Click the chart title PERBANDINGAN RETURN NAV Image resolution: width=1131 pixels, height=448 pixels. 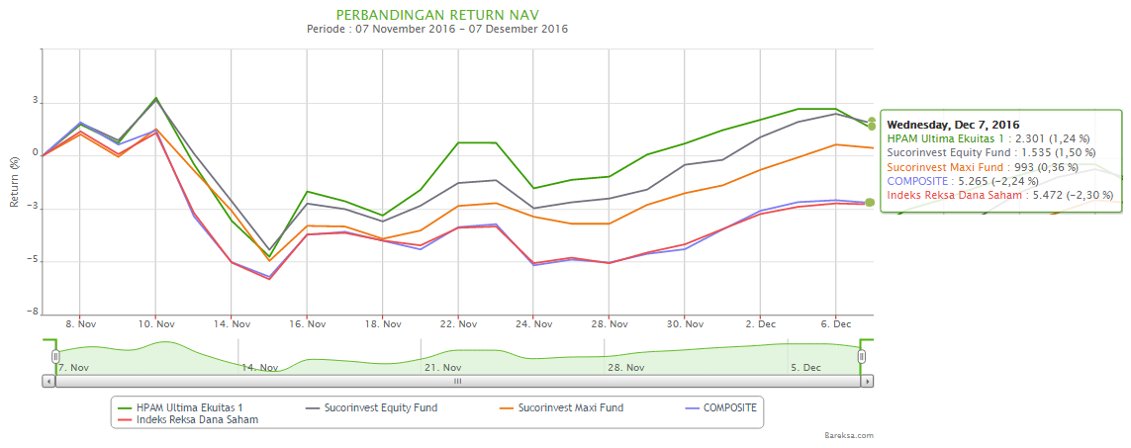click(x=438, y=15)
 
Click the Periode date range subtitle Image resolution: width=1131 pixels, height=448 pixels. click(x=437, y=30)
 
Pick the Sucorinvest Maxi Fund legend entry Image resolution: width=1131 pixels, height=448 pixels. click(x=570, y=407)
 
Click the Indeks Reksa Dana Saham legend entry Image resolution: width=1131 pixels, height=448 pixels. click(x=188, y=420)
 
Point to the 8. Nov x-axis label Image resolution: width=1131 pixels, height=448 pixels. click(x=80, y=324)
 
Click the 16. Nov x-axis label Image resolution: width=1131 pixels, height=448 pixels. click(x=308, y=324)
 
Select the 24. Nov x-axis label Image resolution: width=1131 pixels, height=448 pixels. click(x=534, y=324)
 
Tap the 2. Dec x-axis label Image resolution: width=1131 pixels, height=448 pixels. click(x=761, y=324)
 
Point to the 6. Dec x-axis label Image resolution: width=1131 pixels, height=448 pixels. click(x=836, y=324)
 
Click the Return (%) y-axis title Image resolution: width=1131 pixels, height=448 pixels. click(x=15, y=180)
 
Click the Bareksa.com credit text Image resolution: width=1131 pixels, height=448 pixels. click(x=848, y=435)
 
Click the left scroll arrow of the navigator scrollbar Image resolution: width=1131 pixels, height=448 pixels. click(x=48, y=380)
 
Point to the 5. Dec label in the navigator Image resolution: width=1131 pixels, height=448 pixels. click(x=805, y=368)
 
